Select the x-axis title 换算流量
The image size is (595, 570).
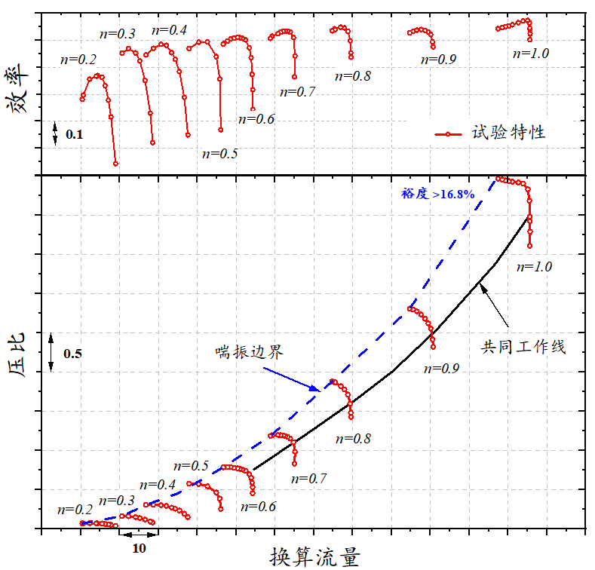click(x=314, y=556)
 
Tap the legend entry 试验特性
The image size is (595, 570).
click(x=490, y=133)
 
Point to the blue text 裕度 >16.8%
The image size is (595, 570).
click(x=437, y=194)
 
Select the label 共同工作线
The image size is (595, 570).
click(x=523, y=348)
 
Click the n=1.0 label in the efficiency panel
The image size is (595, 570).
click(x=531, y=54)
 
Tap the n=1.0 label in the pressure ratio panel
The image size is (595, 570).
click(x=535, y=267)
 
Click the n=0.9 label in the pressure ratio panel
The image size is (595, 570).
click(x=442, y=369)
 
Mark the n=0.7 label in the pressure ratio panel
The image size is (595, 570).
click(x=308, y=479)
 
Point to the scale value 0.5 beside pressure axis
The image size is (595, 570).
click(x=73, y=354)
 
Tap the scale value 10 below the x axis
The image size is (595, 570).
click(x=138, y=548)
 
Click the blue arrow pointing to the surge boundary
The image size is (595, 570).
click(x=291, y=379)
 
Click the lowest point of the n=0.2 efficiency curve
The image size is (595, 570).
click(x=115, y=164)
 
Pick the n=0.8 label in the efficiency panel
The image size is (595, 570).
click(x=352, y=75)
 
